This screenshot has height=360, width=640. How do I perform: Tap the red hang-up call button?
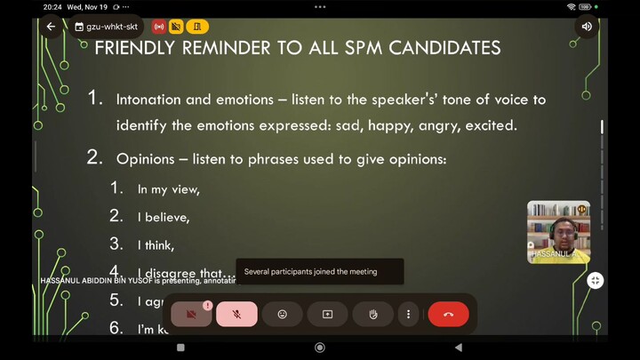click(x=448, y=314)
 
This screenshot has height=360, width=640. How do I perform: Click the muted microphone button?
click(x=236, y=314)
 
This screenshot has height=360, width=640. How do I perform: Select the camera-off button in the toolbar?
click(x=191, y=314)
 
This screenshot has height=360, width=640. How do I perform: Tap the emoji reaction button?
click(x=283, y=314)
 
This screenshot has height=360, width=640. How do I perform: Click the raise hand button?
click(x=372, y=314)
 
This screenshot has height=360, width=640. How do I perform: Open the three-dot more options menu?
click(x=408, y=314)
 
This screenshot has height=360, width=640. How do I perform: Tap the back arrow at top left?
click(x=51, y=27)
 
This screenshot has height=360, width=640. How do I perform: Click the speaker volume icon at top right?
click(x=587, y=27)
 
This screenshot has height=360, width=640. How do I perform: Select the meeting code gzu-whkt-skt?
click(x=111, y=27)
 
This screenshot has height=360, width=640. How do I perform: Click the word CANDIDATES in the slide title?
click(x=437, y=47)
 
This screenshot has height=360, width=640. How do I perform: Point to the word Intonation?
click(x=150, y=100)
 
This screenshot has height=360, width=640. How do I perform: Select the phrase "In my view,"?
click(x=168, y=189)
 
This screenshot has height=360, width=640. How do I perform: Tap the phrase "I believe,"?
click(x=164, y=217)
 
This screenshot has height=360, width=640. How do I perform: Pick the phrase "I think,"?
click(x=156, y=245)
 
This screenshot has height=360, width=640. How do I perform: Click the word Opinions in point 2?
click(x=148, y=160)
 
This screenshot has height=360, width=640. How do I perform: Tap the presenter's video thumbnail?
click(x=558, y=231)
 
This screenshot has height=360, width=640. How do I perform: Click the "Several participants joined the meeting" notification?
click(x=319, y=271)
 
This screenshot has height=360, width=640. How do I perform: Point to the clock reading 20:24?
click(x=52, y=6)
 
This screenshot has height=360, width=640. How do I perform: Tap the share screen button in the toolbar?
click(x=327, y=314)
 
